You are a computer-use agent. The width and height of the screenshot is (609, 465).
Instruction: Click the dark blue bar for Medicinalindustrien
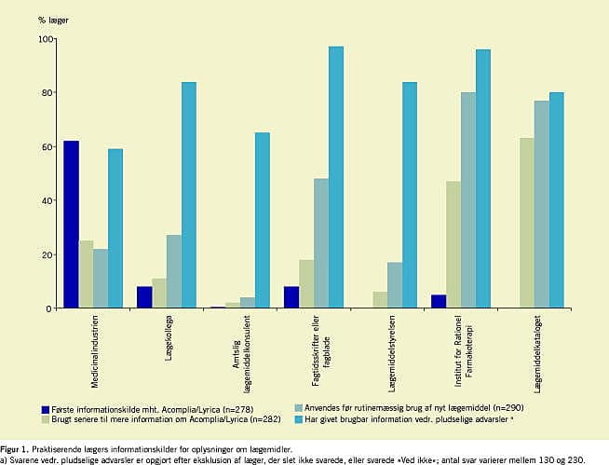[71, 224]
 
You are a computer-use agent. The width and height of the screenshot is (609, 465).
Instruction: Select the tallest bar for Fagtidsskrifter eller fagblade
[336, 177]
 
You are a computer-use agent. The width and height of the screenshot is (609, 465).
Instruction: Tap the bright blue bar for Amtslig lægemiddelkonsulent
[263, 220]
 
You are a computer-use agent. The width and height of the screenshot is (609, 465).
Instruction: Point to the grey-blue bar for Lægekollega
[174, 271]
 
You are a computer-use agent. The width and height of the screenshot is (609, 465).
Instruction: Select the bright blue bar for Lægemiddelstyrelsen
[410, 195]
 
